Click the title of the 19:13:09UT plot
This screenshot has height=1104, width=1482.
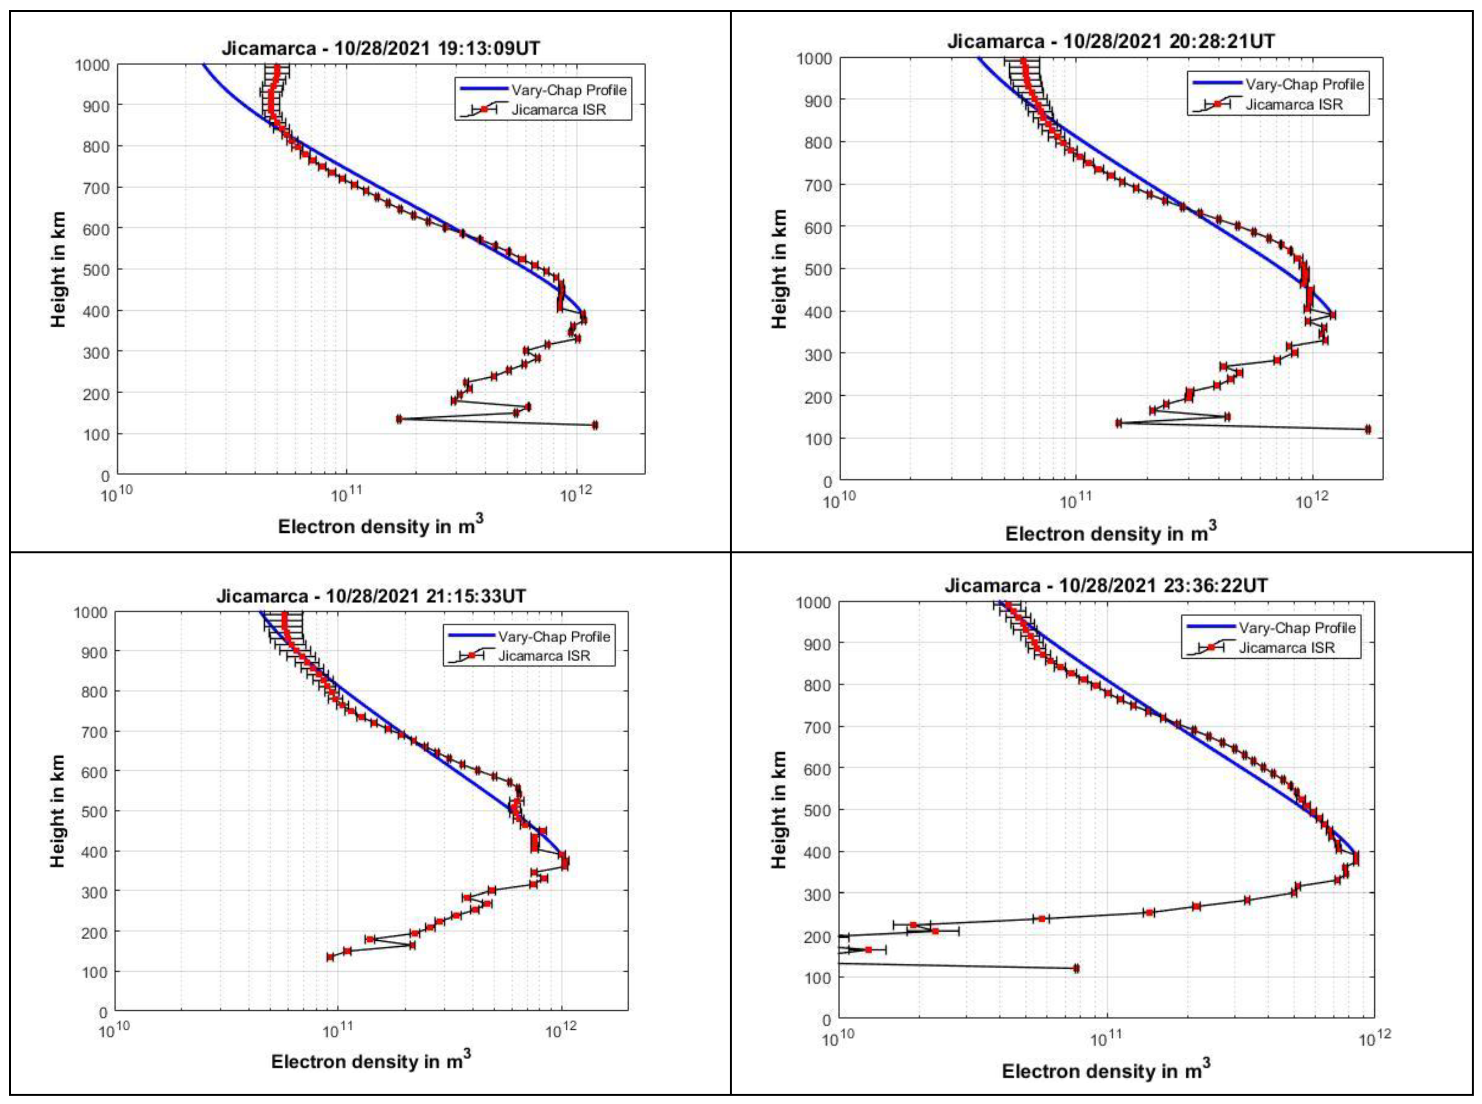(381, 48)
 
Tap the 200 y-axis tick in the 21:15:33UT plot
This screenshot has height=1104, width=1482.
(94, 932)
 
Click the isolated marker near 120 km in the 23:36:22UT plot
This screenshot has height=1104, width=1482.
(1076, 969)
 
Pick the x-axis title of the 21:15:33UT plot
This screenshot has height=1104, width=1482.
(371, 1061)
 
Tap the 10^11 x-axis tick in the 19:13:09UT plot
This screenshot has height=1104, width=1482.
(346, 496)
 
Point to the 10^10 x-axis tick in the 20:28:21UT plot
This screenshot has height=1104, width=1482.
(839, 501)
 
